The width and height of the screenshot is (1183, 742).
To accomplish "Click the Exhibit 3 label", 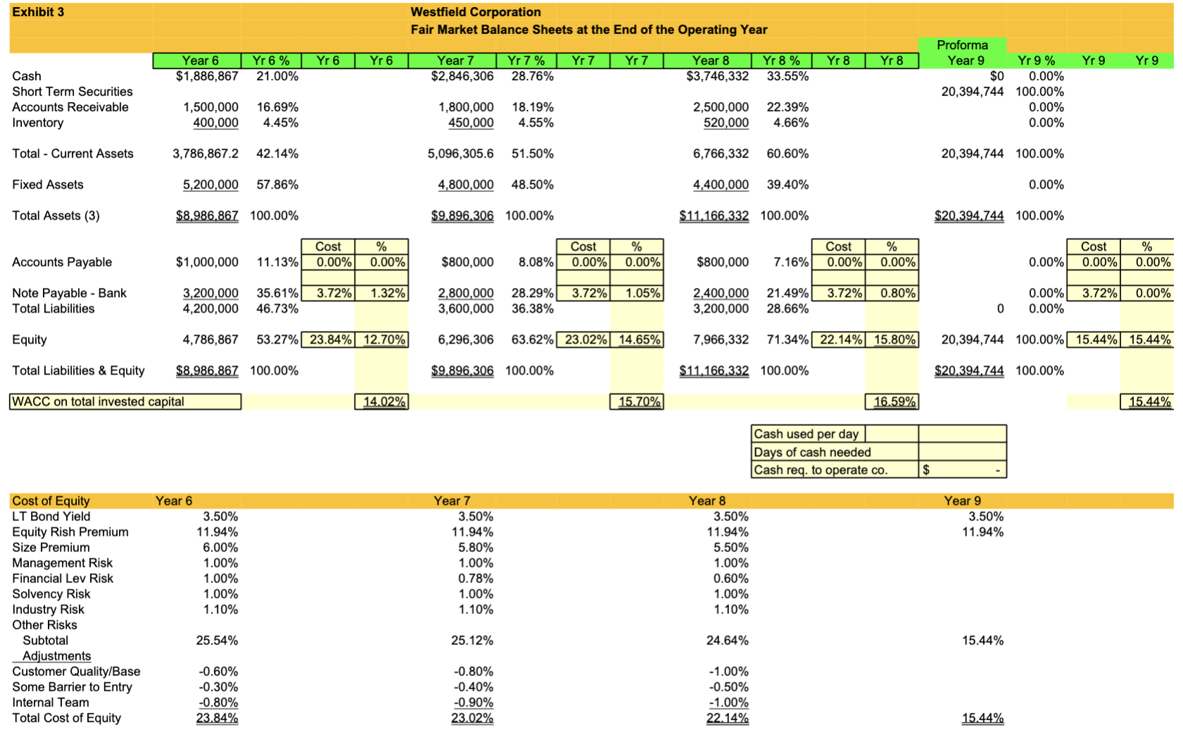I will point(38,12).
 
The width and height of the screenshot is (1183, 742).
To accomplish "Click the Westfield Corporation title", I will point(475,12).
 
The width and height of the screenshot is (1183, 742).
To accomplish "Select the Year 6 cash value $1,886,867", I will point(207,76).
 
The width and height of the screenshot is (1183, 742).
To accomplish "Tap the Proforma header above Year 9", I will point(962,45).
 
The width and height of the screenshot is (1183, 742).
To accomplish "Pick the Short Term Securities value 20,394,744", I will point(972,92).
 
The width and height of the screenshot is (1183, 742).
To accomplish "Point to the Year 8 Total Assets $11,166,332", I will point(714,215).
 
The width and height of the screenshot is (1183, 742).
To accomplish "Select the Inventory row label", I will point(37,122).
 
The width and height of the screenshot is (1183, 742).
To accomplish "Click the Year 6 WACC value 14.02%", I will point(384,401).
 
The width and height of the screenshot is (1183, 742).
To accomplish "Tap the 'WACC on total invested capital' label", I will point(98,401).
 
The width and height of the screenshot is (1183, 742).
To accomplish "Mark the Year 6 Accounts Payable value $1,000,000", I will point(207,262).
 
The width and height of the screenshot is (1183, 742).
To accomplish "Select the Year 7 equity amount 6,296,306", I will point(465,339).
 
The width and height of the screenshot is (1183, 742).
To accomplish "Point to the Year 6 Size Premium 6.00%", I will point(220,547).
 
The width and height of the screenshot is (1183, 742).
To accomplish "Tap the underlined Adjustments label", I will point(56,655).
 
